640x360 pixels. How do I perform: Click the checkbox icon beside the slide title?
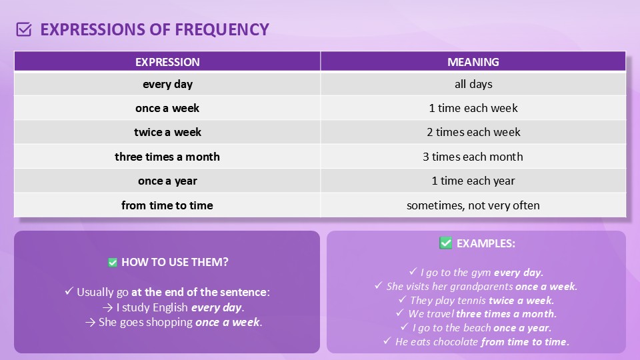tap(24, 29)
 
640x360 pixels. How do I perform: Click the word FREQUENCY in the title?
tap(222, 30)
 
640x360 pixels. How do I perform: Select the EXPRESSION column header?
tap(167, 61)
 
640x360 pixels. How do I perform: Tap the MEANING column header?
tap(473, 61)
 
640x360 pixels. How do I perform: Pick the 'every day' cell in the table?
tap(167, 84)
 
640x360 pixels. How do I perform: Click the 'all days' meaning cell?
tap(473, 84)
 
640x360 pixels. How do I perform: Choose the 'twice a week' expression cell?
tap(167, 132)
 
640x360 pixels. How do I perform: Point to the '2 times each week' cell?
tap(473, 132)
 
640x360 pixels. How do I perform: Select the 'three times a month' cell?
tap(167, 157)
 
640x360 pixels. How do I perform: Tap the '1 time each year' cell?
tap(473, 181)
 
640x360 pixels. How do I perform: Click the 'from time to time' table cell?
tap(167, 205)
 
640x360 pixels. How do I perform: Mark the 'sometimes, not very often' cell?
tap(473, 205)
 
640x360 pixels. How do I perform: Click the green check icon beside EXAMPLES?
tap(446, 243)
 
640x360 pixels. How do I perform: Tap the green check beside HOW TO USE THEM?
tap(113, 263)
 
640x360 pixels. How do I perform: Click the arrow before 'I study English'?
tap(108, 307)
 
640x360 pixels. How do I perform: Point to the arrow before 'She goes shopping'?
tap(90, 323)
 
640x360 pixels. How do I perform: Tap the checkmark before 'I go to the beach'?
tap(405, 327)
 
